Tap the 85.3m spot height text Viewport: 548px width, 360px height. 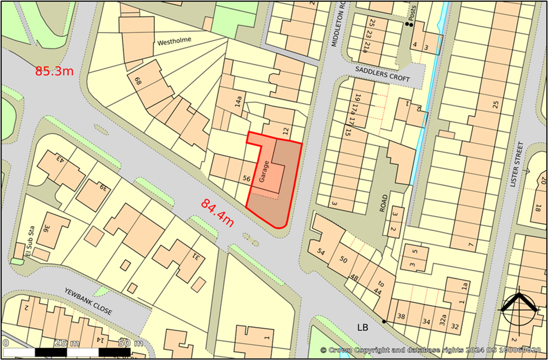[54, 71]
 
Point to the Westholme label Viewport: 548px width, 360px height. [174, 41]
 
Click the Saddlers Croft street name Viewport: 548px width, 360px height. [383, 74]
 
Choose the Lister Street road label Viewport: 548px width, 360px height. [518, 164]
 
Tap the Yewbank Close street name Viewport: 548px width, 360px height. [88, 301]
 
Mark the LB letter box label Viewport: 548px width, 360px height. [362, 328]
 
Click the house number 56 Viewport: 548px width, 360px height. [246, 179]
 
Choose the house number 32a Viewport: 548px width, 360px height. [442, 320]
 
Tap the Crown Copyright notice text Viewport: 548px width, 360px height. [430, 350]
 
